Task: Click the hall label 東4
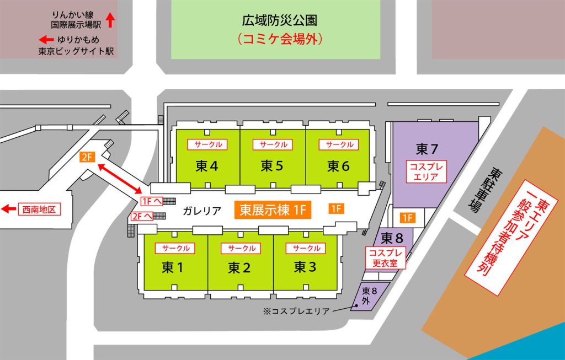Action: click(206, 165)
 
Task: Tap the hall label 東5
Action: click(272, 165)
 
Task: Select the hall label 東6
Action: click(338, 165)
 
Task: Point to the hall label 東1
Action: click(172, 268)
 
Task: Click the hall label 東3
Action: click(305, 267)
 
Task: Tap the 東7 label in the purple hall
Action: click(427, 149)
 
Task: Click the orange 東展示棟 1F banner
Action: click(273, 209)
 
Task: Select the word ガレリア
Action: click(202, 210)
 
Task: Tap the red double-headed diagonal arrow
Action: click(120, 176)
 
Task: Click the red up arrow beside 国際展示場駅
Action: click(110, 20)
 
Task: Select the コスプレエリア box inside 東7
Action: click(426, 171)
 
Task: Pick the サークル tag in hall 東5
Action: click(273, 144)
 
